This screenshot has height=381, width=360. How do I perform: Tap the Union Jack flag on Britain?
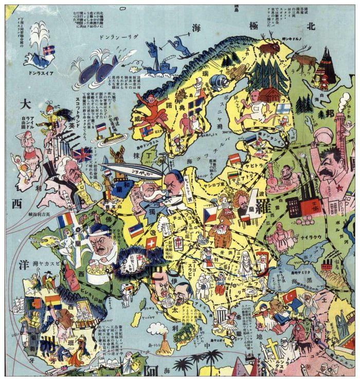point(82,154)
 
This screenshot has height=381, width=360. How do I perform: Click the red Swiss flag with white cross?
point(151,243)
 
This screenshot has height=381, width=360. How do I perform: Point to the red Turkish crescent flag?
point(290,297)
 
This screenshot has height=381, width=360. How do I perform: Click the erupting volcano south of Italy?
point(165,344)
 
